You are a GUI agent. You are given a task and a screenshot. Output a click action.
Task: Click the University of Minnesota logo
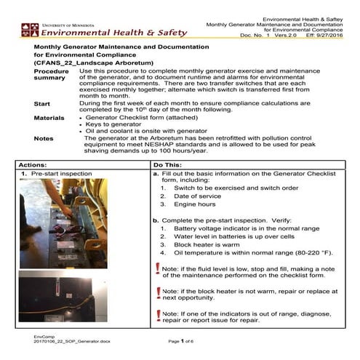(30, 30)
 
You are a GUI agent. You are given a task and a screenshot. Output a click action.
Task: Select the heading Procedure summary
(51, 75)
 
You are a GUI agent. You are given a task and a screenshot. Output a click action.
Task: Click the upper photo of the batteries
(62, 221)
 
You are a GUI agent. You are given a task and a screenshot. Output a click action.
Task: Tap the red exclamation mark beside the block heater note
(158, 292)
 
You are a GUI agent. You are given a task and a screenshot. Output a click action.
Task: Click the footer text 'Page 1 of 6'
(184, 340)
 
